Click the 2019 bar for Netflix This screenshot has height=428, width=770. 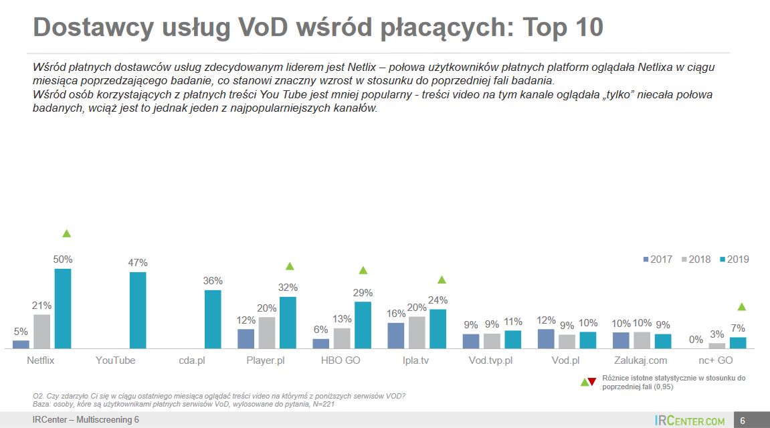point(63,308)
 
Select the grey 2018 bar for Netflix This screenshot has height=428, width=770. point(41,331)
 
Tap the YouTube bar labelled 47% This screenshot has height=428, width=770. point(138,310)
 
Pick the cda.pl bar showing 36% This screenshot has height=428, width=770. point(213,319)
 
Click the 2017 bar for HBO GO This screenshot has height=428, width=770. point(321,344)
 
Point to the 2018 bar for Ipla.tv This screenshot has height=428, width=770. point(417,332)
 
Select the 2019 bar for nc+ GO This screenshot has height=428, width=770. point(738,343)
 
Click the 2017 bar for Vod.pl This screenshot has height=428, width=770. point(546,338)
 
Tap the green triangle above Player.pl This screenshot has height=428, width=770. point(290,266)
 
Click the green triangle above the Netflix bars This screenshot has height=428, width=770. point(66,233)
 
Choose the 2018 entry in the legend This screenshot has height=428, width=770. point(695,259)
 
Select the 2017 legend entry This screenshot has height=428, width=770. point(658,259)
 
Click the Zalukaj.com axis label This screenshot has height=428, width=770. point(641,360)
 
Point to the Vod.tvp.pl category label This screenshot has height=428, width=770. point(491,360)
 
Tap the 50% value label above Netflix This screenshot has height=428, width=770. point(63,259)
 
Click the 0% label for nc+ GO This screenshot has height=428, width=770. point(696,340)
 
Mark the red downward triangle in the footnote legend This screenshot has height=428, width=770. point(591,382)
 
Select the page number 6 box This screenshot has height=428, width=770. point(743,421)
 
